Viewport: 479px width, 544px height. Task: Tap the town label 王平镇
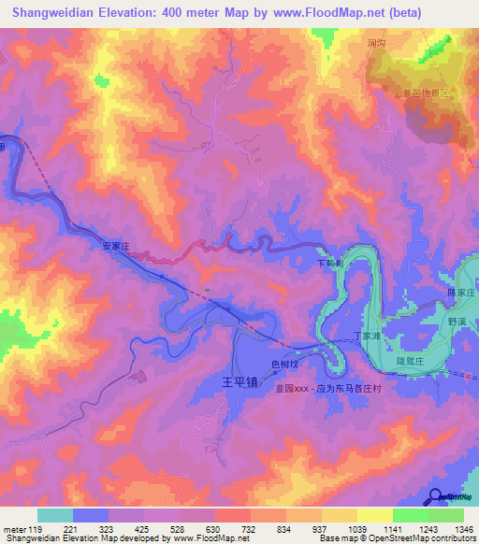pyautogui.click(x=239, y=382)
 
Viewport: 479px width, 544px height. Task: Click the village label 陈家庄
pyautogui.click(x=461, y=293)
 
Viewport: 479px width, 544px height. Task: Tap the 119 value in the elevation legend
pyautogui.click(x=38, y=528)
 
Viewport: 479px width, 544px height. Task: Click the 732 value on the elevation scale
pyautogui.click(x=251, y=528)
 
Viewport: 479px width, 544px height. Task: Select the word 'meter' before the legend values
pyautogui.click(x=14, y=528)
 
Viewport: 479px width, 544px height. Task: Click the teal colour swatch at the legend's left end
pyautogui.click(x=55, y=515)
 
